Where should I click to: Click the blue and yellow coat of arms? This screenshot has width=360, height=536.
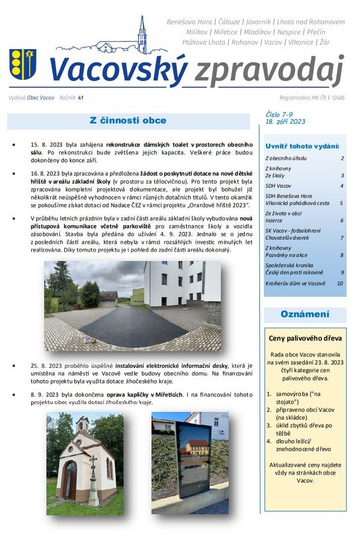pyautogui.click(x=22, y=64)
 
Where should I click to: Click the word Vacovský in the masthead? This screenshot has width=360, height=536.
pyautogui.click(x=118, y=69)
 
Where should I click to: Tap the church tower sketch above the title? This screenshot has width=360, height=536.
pyautogui.click(x=142, y=35)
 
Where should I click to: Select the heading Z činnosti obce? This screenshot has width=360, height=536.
pyautogui.click(x=128, y=120)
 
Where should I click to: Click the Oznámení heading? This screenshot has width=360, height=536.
pyautogui.click(x=305, y=314)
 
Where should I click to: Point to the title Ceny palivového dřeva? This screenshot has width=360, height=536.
pyautogui.click(x=305, y=338)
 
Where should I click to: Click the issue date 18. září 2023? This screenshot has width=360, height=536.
pyautogui.click(x=285, y=121)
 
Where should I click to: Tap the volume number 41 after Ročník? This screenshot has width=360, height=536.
pyautogui.click(x=80, y=97)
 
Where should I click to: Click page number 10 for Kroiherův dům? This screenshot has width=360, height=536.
pyautogui.click(x=339, y=283)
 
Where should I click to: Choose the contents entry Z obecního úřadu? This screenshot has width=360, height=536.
pyautogui.click(x=286, y=158)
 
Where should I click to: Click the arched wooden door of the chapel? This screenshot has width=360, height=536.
pyautogui.click(x=71, y=479)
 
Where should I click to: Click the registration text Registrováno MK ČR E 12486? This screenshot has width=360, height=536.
pyautogui.click(x=312, y=97)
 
